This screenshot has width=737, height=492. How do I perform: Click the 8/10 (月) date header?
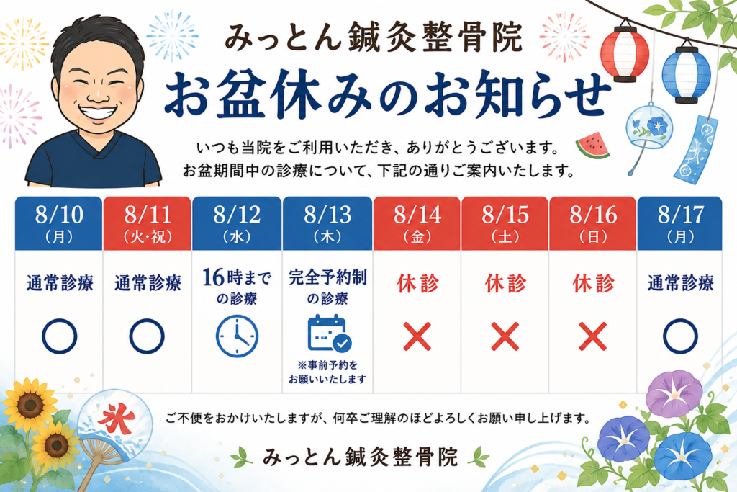click(59, 223)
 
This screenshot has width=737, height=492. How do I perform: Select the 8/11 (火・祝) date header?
click(147, 223)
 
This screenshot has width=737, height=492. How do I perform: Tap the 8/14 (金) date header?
click(417, 223)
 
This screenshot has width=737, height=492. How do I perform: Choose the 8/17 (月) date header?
click(680, 223)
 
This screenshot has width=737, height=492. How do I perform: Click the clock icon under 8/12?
click(237, 336)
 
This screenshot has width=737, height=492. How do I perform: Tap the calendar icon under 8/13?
click(329, 334)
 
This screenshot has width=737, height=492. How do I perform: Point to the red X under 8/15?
click(505, 336)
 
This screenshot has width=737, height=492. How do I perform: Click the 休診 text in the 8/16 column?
click(593, 284)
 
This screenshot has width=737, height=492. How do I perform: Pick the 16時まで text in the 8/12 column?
click(237, 277)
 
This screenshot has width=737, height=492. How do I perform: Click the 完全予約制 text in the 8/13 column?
click(327, 277)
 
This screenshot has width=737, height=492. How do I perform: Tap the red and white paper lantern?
click(625, 52)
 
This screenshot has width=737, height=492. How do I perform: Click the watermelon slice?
click(593, 145)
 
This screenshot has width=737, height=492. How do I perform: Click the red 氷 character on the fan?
click(116, 419)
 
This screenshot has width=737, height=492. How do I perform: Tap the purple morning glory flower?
click(674, 394)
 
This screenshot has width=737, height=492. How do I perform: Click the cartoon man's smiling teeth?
click(97, 112)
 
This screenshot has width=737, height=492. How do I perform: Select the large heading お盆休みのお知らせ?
click(388, 96)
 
